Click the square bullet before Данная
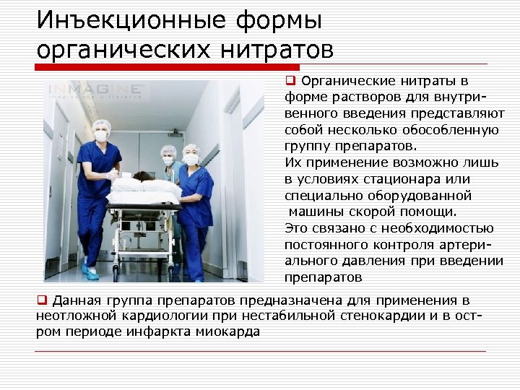click(41, 300)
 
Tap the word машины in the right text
click(313, 212)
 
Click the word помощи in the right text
click(430, 212)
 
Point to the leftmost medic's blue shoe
click(90, 272)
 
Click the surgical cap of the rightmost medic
click(191, 149)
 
